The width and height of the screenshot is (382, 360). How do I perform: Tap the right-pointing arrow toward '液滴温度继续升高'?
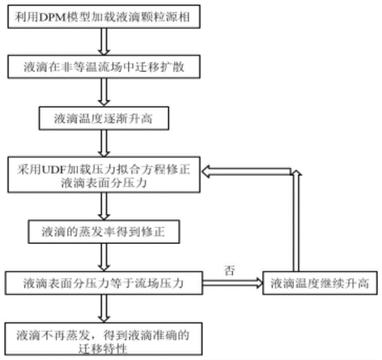[x=233, y=283]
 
